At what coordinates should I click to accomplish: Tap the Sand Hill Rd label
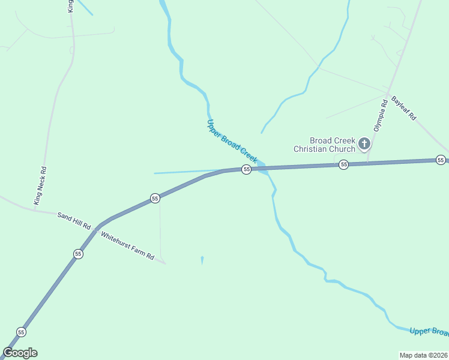(73, 220)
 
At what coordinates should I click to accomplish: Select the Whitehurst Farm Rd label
(127, 246)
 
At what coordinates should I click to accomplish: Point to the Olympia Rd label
(379, 116)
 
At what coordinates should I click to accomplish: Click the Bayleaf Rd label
(403, 109)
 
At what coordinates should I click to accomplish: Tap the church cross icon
(364, 144)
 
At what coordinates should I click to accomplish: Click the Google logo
(20, 353)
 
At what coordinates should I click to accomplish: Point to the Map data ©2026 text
(424, 355)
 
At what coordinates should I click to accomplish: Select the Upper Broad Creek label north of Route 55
(232, 142)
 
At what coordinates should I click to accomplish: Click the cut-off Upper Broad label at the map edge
(429, 332)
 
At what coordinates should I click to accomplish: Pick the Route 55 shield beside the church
(343, 164)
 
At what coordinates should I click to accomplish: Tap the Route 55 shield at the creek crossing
(246, 170)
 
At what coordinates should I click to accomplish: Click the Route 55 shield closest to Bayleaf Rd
(441, 160)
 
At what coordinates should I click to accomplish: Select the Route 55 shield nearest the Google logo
(21, 332)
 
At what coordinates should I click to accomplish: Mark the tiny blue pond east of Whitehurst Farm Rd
(202, 260)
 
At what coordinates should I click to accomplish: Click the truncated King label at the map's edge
(70, 6)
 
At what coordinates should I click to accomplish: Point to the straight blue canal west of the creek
(186, 172)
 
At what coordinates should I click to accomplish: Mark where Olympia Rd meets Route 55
(368, 163)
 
